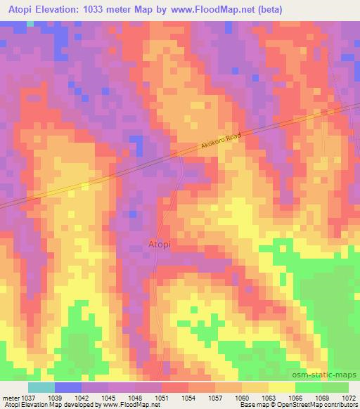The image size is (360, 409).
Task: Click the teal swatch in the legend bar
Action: point(41,387)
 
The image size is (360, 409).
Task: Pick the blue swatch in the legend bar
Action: point(68,387)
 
